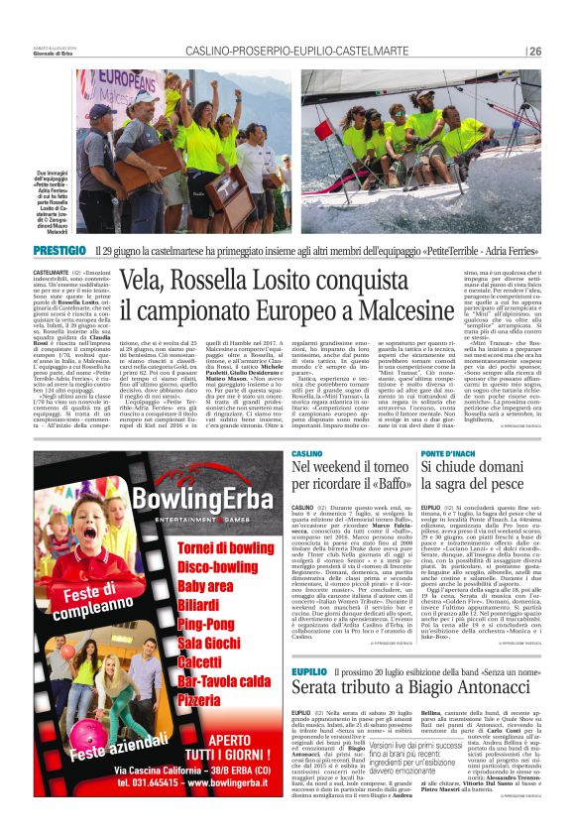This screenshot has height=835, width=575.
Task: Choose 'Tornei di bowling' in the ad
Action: click(x=225, y=546)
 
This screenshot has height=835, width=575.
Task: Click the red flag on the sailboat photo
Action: click(x=324, y=130)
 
